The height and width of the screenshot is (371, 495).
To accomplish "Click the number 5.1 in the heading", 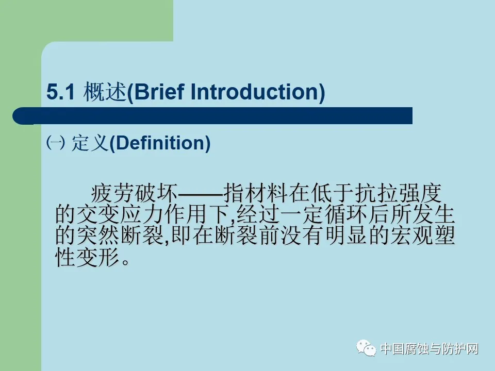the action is pyautogui.click(x=61, y=92).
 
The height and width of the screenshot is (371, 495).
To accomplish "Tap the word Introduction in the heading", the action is pyautogui.click(x=254, y=92).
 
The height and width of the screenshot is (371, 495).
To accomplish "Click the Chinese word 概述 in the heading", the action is pyautogui.click(x=105, y=92).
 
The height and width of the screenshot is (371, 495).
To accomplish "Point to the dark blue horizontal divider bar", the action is pyautogui.click(x=212, y=116).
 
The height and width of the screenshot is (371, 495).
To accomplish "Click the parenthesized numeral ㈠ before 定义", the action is pyautogui.click(x=56, y=143).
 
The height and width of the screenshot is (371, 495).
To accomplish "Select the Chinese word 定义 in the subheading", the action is pyautogui.click(x=90, y=143).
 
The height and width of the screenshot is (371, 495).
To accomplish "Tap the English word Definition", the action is pyautogui.click(x=160, y=143).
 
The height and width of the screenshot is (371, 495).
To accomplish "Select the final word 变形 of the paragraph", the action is pyautogui.click(x=98, y=257).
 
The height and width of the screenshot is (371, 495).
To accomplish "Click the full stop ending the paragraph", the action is pyautogui.click(x=125, y=262).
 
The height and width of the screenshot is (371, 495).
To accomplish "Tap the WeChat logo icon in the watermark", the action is pyautogui.click(x=366, y=348).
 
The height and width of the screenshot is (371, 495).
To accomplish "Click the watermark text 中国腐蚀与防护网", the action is pyautogui.click(x=430, y=349).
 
